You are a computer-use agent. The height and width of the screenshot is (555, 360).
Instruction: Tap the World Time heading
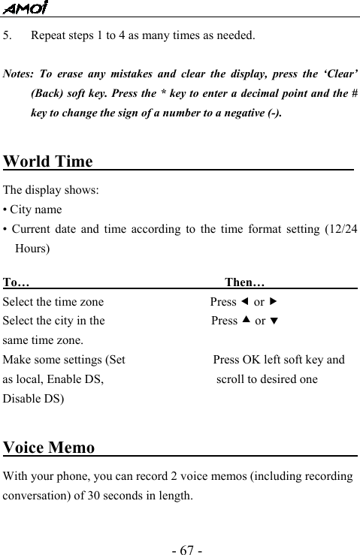click(48, 161)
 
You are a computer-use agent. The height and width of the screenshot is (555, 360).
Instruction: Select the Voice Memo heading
click(49, 448)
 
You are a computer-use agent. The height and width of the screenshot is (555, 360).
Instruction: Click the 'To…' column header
click(17, 283)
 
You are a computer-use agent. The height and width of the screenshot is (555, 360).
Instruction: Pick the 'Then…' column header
click(244, 283)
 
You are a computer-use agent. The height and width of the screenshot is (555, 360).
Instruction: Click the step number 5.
click(8, 35)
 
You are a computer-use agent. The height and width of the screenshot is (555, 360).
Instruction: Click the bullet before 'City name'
click(6, 210)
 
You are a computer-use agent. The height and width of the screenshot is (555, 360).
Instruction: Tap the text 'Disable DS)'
click(34, 398)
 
